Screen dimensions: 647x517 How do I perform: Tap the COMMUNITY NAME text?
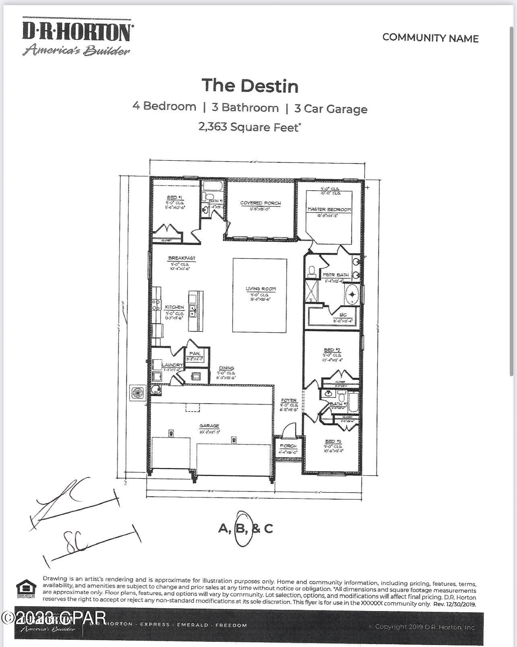430,38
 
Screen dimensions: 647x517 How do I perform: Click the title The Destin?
250,86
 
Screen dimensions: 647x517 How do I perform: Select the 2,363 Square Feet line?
250,127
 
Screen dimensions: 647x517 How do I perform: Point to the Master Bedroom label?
329,209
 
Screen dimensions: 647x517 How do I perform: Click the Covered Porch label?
261,203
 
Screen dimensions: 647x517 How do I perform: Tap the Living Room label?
261,289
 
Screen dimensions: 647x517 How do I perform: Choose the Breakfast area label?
182,258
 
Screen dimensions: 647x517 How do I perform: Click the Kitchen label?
174,307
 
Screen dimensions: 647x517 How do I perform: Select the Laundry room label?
172,365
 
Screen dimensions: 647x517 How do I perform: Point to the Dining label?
227,368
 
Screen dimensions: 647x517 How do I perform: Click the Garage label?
209,426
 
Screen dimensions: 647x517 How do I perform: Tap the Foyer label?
289,400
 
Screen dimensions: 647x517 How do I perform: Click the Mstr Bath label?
336,275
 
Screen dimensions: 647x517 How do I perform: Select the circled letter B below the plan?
241,528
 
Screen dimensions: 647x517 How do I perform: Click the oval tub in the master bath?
352,294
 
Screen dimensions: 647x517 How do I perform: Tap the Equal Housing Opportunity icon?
25,589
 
